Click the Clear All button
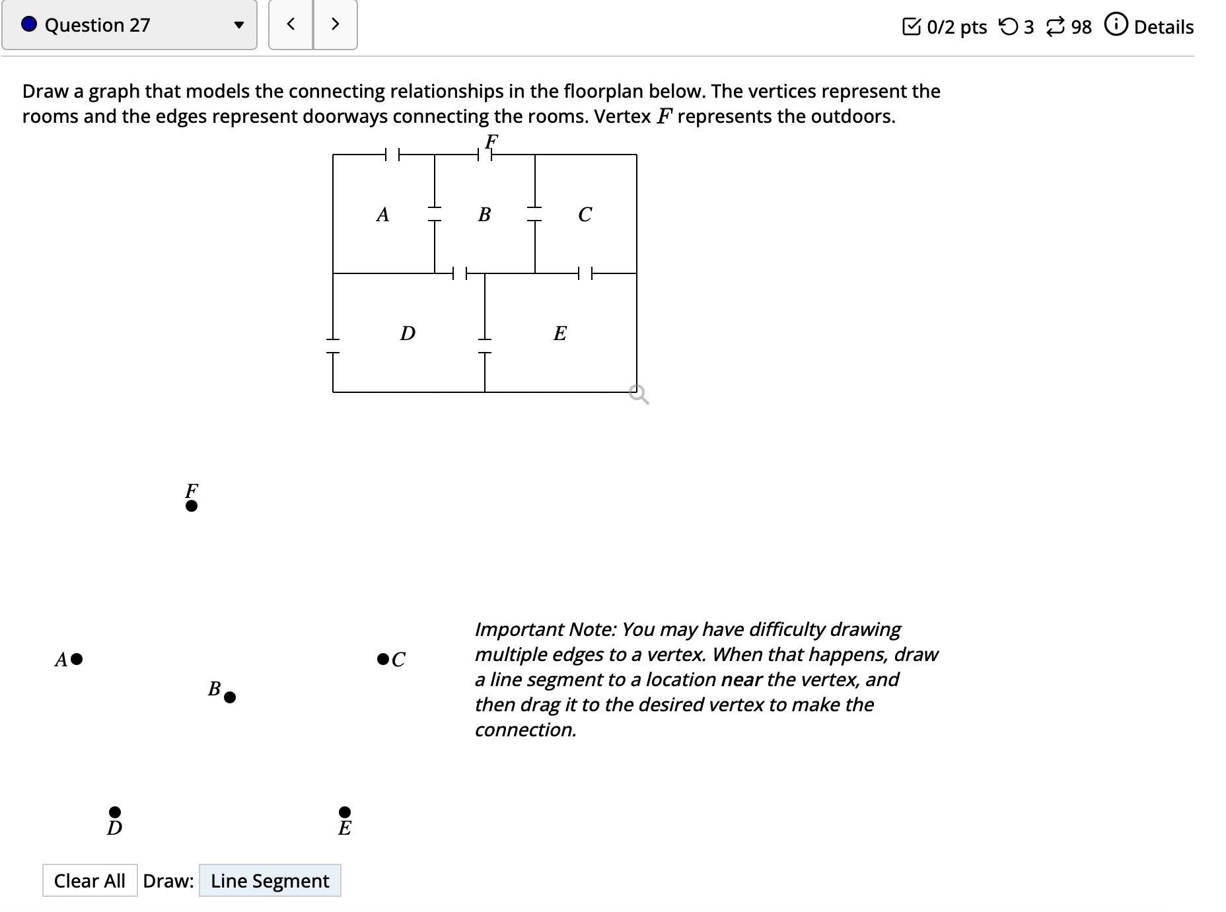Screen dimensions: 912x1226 click(90, 880)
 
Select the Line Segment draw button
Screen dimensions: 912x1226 click(270, 880)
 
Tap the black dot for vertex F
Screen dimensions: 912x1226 click(192, 506)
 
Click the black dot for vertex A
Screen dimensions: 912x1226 click(77, 658)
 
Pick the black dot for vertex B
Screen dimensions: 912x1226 click(230, 697)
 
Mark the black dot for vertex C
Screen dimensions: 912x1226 click(382, 658)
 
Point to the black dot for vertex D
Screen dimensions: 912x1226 click(115, 811)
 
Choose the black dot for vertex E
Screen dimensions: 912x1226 click(345, 811)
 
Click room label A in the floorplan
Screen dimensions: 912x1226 click(382, 215)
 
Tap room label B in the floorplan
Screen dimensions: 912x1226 click(484, 215)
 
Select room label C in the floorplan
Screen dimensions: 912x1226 click(585, 215)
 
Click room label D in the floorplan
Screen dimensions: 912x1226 click(408, 333)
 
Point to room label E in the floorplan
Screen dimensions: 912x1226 click(559, 333)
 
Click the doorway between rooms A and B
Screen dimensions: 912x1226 click(434, 213)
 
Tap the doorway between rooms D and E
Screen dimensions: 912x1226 click(485, 346)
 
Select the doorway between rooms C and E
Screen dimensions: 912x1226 click(585, 273)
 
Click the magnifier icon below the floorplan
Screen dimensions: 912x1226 click(639, 395)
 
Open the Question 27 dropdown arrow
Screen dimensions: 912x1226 click(239, 26)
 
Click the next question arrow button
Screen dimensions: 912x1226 click(335, 24)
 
